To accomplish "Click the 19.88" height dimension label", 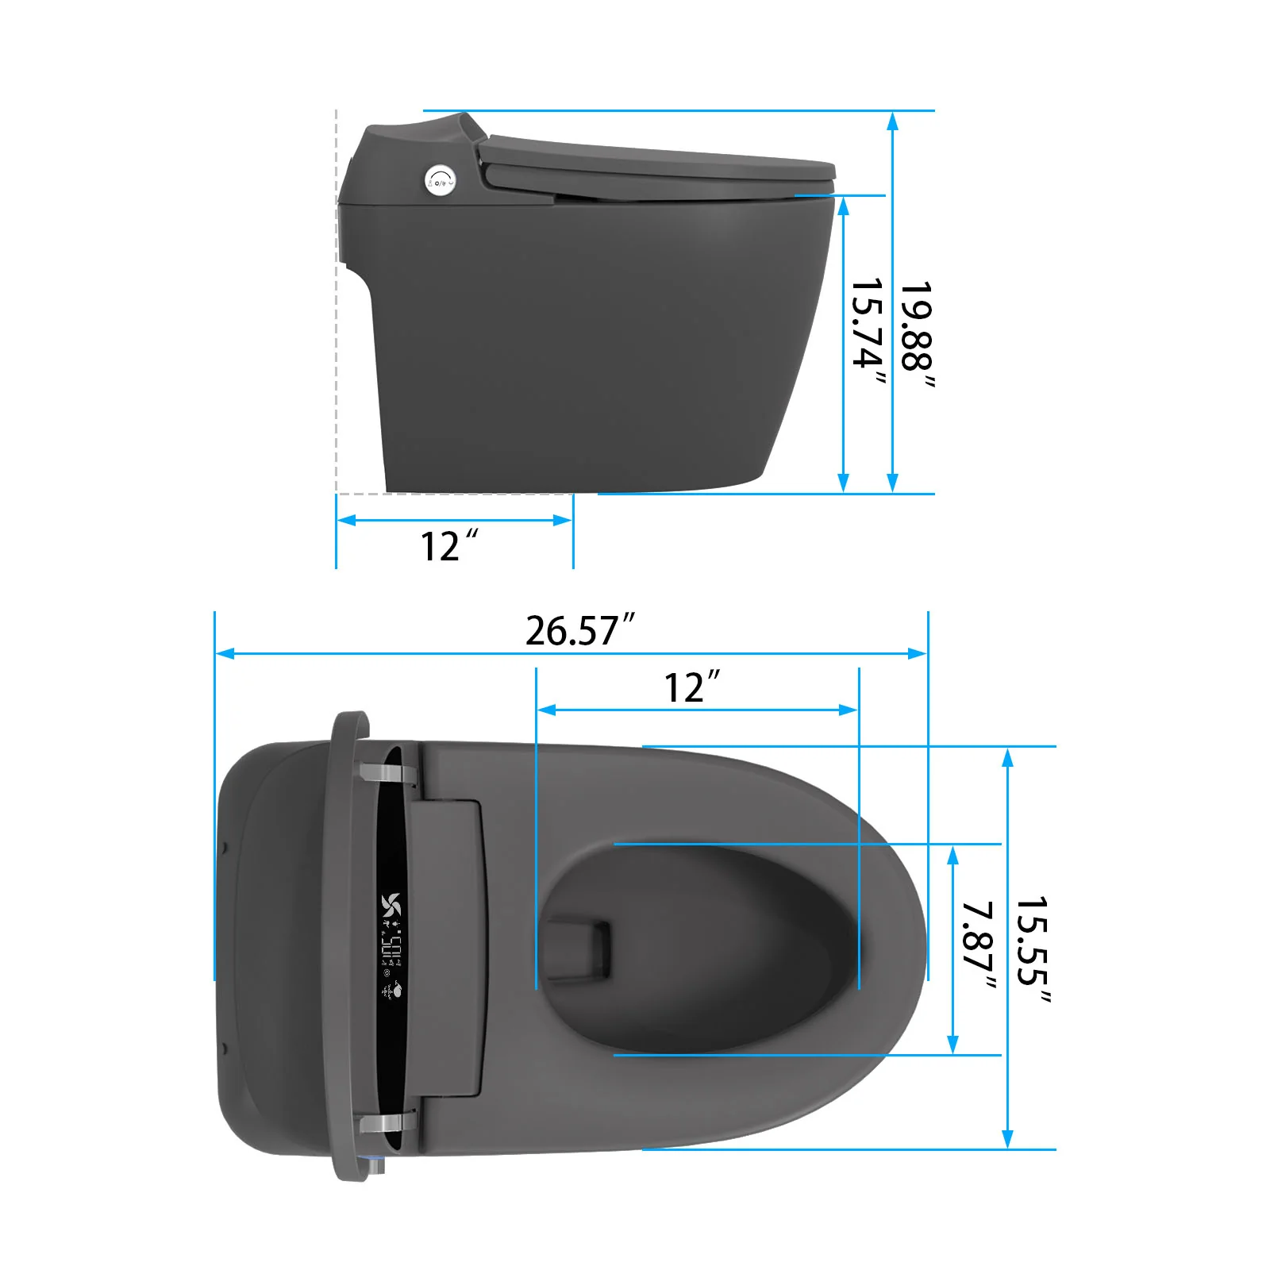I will click(918, 335).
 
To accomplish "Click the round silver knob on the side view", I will click(438, 179).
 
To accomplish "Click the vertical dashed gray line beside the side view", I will click(337, 302).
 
